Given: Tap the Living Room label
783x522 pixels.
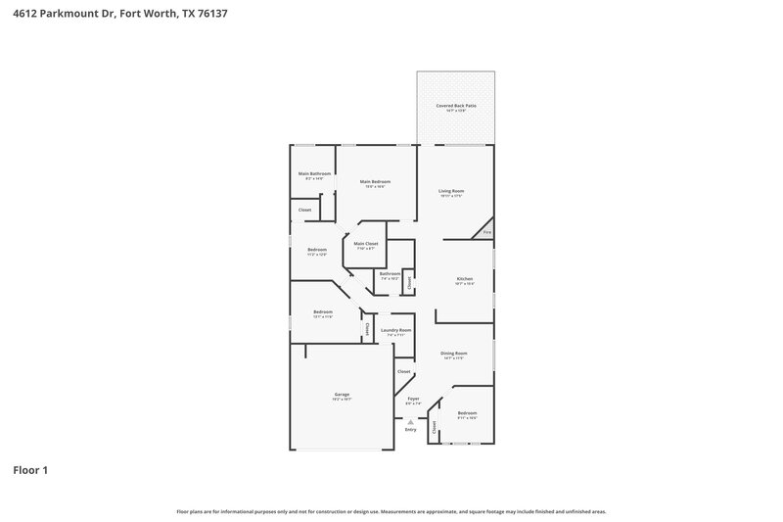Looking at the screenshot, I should (x=450, y=191).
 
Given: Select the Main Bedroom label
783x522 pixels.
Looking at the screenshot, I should (x=375, y=181).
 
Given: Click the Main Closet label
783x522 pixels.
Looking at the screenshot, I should (x=366, y=243).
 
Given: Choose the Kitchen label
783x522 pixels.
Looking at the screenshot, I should (x=465, y=279).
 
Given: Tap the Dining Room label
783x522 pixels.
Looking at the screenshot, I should (x=453, y=353).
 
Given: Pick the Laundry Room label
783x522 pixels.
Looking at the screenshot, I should (x=395, y=330).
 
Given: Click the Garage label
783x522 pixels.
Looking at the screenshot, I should (x=342, y=394).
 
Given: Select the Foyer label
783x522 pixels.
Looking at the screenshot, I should (x=412, y=399).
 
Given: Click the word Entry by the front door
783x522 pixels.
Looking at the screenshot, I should (x=410, y=430).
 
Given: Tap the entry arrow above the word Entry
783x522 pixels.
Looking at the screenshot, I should (x=410, y=421).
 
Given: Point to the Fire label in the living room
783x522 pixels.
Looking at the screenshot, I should (x=486, y=232).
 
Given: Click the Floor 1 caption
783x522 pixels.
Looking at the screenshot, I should (x=30, y=470).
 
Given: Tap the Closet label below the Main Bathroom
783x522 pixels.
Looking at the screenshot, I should (x=304, y=210).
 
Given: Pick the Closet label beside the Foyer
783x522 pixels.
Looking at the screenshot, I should (x=403, y=371).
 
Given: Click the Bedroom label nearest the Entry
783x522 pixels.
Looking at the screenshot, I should (x=467, y=413).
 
